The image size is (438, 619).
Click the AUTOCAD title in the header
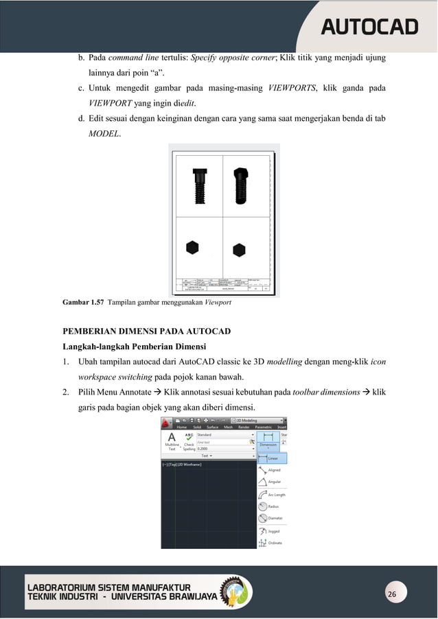pyautogui.click(x=369, y=27)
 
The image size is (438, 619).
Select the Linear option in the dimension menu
pyautogui.click(x=272, y=458)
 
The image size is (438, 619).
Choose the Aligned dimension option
pyautogui.click(x=273, y=470)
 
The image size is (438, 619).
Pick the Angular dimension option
pyautogui.click(x=273, y=482)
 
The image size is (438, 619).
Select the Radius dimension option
pyautogui.click(x=273, y=506)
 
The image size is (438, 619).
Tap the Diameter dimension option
pyautogui.click(x=273, y=518)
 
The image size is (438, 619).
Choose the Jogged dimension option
pyautogui.click(x=273, y=531)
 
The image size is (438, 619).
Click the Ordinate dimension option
pyautogui.click(x=273, y=543)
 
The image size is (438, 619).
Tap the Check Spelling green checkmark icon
pyautogui.click(x=189, y=437)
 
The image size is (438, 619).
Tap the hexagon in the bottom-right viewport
pyautogui.click(x=239, y=249)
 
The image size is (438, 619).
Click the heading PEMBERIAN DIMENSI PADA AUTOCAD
pyautogui.click(x=147, y=331)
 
